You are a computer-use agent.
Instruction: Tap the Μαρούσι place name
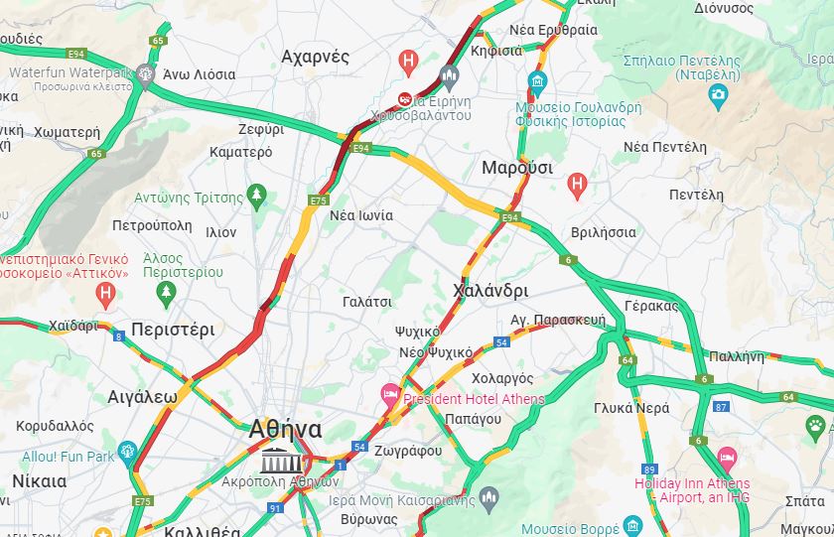pyautogui.click(x=516, y=167)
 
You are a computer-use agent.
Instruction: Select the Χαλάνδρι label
pyautogui.click(x=490, y=291)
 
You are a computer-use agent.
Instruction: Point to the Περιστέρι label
pyautogui.click(x=173, y=330)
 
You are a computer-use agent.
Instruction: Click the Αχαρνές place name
pyautogui.click(x=316, y=57)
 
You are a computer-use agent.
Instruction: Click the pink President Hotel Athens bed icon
pyautogui.click(x=391, y=396)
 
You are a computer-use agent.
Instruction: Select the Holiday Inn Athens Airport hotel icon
pyautogui.click(x=727, y=458)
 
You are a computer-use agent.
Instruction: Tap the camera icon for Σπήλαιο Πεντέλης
pyautogui.click(x=718, y=95)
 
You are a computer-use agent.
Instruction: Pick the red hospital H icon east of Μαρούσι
pyautogui.click(x=577, y=184)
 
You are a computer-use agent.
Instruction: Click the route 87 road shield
pyautogui.click(x=722, y=407)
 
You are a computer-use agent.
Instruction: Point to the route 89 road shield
pyautogui.click(x=650, y=470)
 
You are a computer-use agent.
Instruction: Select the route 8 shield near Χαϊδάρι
pyautogui.click(x=119, y=336)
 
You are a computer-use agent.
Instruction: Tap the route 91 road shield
pyautogui.click(x=275, y=508)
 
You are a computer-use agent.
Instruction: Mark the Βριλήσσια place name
pyautogui.click(x=604, y=232)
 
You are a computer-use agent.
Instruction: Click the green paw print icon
pyautogui.click(x=815, y=426)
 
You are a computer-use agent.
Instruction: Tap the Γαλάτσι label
pyautogui.click(x=366, y=301)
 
